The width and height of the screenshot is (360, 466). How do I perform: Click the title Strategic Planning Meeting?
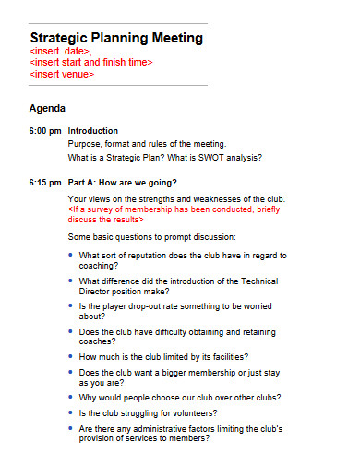tap(116, 38)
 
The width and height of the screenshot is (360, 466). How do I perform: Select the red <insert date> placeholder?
tap(61, 52)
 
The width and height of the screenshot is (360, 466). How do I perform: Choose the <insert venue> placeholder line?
tap(62, 74)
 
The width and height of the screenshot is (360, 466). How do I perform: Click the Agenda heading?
tap(48, 108)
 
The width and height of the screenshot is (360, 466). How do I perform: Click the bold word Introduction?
tap(93, 131)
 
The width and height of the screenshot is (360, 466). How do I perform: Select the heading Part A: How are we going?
tap(123, 182)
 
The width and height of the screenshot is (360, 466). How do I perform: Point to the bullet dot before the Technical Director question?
tap(72, 281)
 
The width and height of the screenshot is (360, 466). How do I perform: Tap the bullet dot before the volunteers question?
tap(72, 412)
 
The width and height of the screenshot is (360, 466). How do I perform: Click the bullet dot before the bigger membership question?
tap(72, 372)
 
